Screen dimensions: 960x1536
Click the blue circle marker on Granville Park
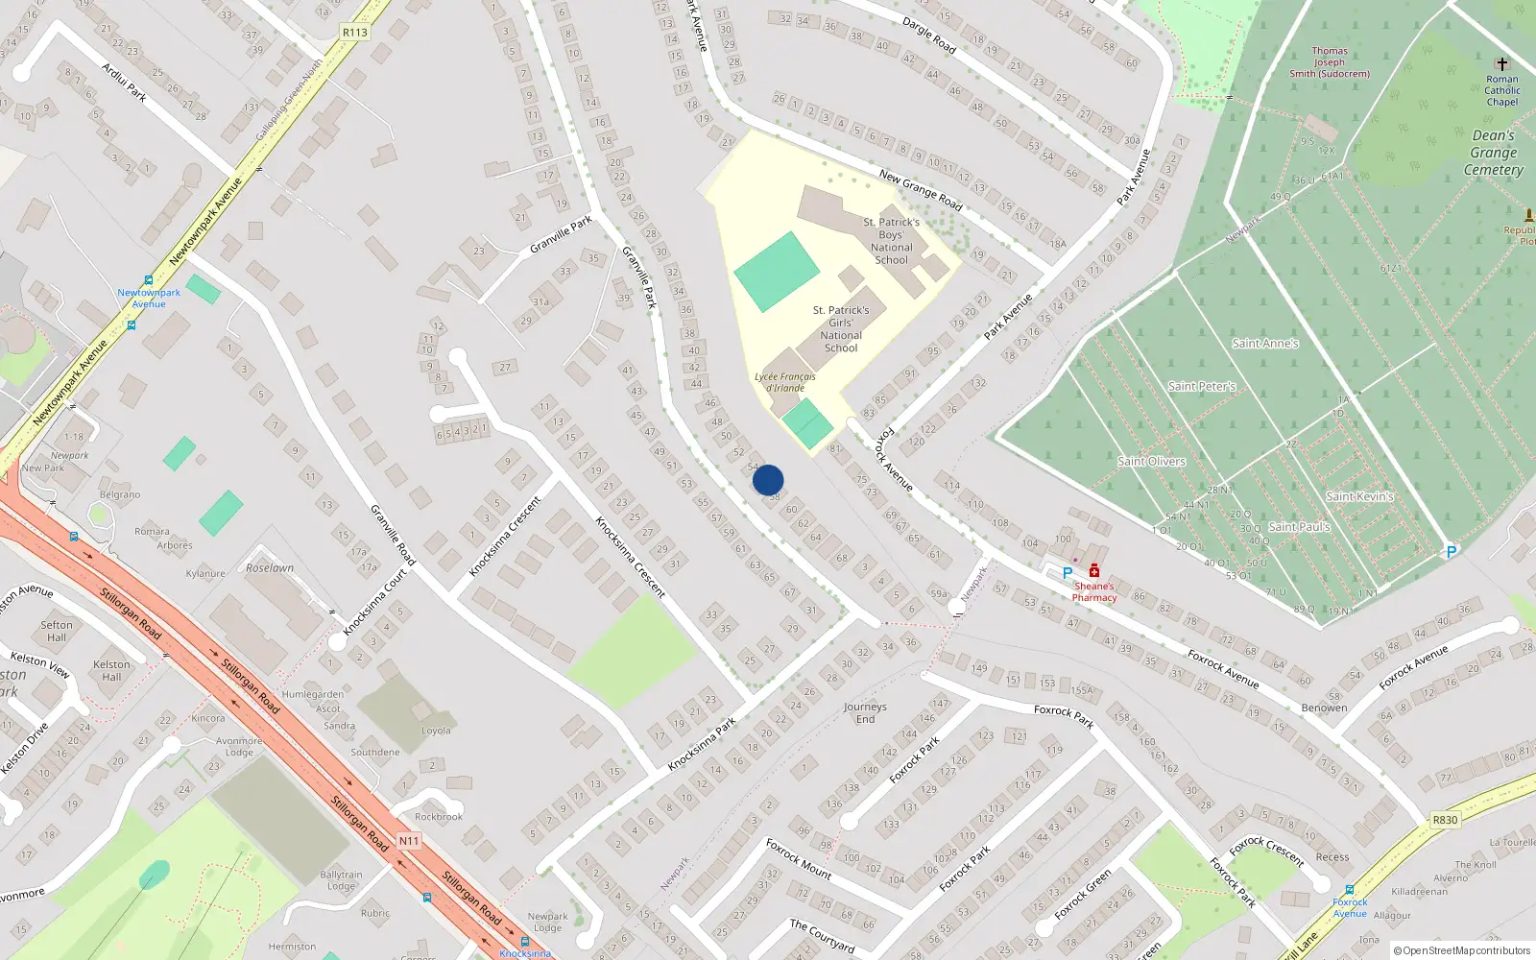click(x=768, y=480)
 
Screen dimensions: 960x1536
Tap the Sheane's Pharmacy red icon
click(x=1093, y=572)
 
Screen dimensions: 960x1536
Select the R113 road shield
click(x=354, y=32)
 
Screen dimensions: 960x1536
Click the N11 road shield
click(x=409, y=841)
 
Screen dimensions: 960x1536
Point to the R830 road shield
click(x=1445, y=820)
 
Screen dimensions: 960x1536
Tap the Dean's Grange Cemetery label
click(x=1494, y=153)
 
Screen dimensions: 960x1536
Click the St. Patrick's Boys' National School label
click(x=891, y=241)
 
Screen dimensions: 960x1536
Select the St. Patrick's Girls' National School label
click(x=841, y=329)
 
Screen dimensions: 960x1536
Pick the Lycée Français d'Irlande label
click(x=785, y=382)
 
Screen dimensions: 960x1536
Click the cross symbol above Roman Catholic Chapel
click(x=1502, y=64)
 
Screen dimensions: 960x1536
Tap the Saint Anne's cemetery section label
click(x=1265, y=344)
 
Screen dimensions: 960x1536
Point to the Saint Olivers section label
click(x=1151, y=462)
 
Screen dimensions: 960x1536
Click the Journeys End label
click(x=865, y=712)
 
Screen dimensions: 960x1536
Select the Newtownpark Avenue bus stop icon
click(x=149, y=280)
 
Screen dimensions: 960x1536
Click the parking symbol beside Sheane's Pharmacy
click(x=1067, y=573)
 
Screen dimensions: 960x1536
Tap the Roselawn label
click(x=270, y=567)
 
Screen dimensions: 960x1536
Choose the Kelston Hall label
click(x=111, y=670)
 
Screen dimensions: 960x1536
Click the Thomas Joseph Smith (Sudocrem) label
click(x=1330, y=62)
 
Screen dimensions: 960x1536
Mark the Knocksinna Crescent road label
click(x=630, y=557)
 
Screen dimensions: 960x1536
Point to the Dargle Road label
click(x=928, y=35)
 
